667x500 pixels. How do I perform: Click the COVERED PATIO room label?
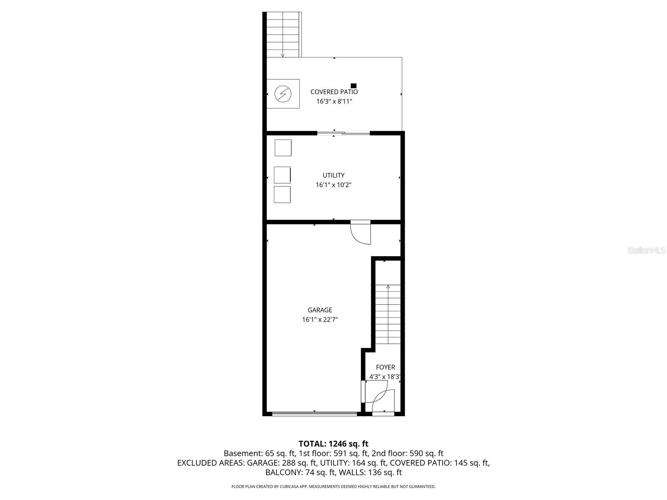pos(334,92)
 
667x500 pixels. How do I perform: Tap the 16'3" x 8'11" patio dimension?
pos(334,101)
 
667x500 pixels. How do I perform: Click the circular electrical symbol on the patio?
pos(283,94)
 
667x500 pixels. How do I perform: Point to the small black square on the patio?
pos(354,86)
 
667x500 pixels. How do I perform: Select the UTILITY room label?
pos(333,175)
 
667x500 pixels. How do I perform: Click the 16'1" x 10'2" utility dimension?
pos(333,185)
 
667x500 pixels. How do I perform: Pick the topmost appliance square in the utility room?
pos(283,148)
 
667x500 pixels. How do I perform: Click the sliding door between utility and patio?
pos(343,133)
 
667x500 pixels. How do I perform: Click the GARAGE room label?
pos(320,310)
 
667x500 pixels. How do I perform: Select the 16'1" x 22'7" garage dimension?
pos(320,320)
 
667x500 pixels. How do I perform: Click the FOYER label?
pos(385,367)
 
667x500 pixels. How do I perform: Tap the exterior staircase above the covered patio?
pos(283,35)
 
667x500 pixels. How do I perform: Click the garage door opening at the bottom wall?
pos(314,414)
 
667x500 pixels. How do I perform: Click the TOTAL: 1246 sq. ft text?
pos(333,444)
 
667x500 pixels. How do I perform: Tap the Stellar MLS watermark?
pos(646,250)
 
